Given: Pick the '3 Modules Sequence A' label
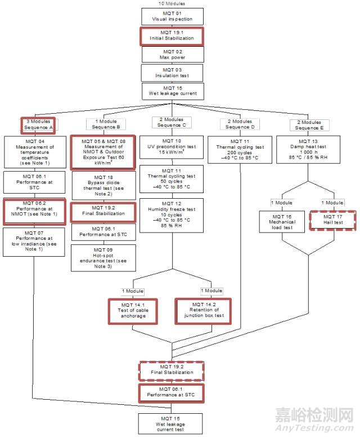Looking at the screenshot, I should click(38, 124).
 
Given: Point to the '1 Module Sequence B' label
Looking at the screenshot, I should click(102, 124).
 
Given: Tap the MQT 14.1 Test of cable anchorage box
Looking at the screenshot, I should click(132, 312).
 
